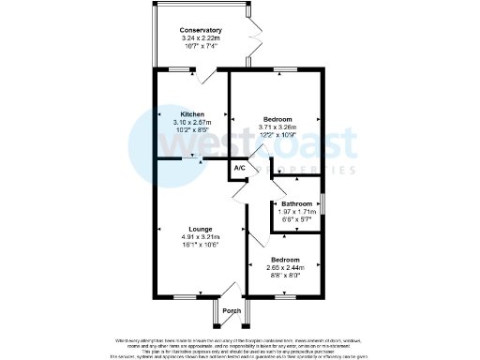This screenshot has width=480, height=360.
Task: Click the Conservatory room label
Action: click(x=200, y=30)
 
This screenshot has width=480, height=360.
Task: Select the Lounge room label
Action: click(x=200, y=229)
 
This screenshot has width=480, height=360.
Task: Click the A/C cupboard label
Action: click(x=240, y=169)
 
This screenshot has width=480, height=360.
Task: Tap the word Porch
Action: click(x=232, y=311)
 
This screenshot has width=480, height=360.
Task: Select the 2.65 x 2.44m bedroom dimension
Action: click(x=285, y=267)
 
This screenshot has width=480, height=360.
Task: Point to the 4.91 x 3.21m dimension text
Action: click(x=200, y=236)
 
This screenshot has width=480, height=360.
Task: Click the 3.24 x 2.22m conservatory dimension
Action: click(x=200, y=37)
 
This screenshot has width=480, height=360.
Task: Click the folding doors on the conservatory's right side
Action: click(x=251, y=37)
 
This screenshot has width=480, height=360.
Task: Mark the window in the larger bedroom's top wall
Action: click(x=278, y=68)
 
